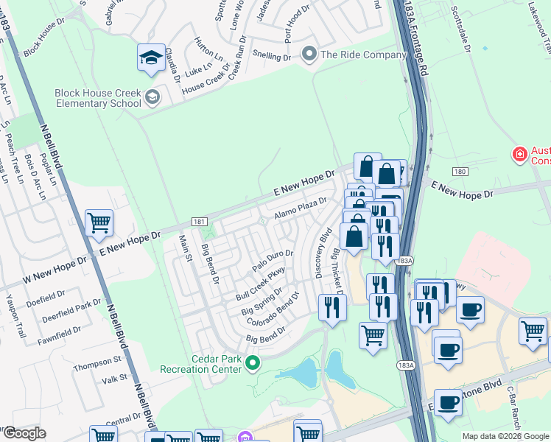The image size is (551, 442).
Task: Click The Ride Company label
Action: pyautogui.click(x=363, y=55)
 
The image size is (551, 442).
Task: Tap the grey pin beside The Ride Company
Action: pyautogui.click(x=309, y=55)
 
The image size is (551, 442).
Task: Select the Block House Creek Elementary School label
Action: pyautogui.click(x=98, y=98)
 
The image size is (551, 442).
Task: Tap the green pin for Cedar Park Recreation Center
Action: pyautogui.click(x=253, y=362)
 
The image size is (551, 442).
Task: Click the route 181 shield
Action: pyautogui.click(x=197, y=220)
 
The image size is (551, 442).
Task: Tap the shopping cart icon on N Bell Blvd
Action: pyautogui.click(x=99, y=222)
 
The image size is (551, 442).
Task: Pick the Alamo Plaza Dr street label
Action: pyautogui.click(x=300, y=208)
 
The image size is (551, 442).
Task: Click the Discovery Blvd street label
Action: pyautogui.click(x=322, y=253)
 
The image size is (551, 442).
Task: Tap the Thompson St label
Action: pyautogui.click(x=97, y=361)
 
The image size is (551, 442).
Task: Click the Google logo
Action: pyautogui.click(x=24, y=432)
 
